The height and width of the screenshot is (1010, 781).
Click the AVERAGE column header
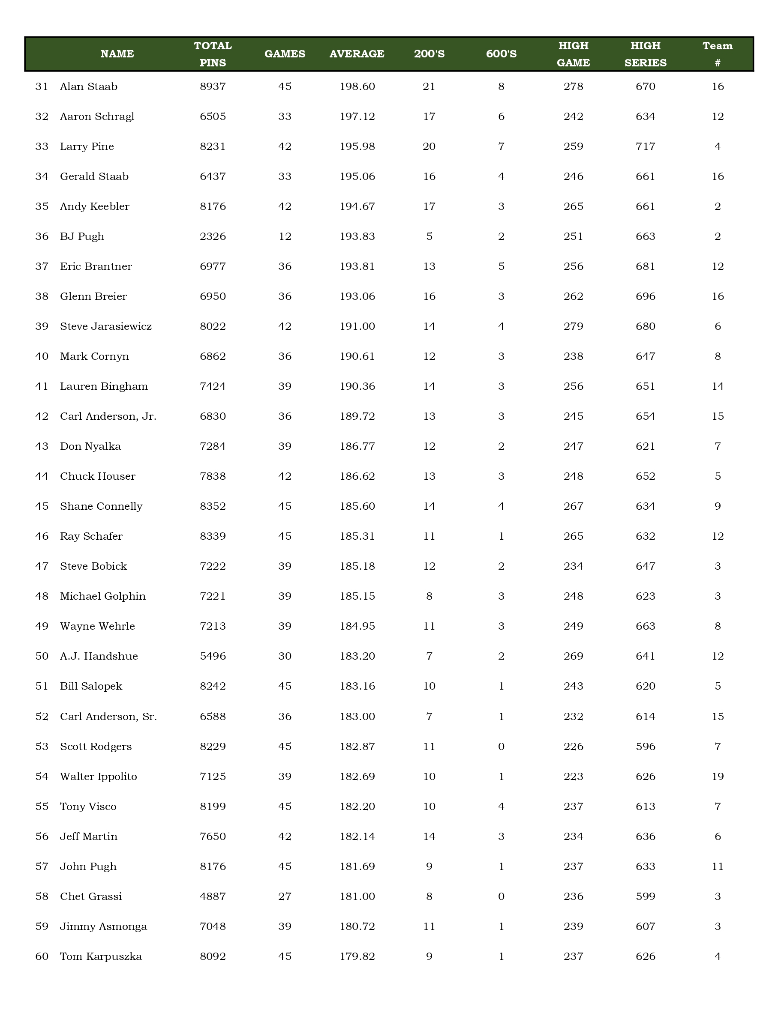point(357,54)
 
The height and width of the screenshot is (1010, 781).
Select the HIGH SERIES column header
point(645,54)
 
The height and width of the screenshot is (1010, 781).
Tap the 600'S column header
point(501,54)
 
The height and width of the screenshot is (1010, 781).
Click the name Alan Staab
point(89,87)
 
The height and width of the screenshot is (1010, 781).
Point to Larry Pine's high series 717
point(645,146)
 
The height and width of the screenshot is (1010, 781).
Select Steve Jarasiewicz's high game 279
point(573,326)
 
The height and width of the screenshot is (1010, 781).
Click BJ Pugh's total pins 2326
point(213,237)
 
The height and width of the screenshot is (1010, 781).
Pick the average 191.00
point(357,326)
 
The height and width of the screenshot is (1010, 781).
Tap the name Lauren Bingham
point(104,387)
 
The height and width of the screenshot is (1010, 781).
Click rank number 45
point(42,506)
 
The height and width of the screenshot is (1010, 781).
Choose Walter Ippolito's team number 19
point(717,777)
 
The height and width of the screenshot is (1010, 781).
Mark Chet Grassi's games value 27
point(285,896)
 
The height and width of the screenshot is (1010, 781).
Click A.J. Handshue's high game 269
point(573,656)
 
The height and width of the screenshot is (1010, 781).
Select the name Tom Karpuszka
point(101,956)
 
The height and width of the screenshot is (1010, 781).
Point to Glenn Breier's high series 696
point(645,296)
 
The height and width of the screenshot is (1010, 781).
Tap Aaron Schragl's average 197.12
point(357,117)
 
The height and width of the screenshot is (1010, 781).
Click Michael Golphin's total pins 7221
point(213,597)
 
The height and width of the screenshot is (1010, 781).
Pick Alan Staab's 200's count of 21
point(429,87)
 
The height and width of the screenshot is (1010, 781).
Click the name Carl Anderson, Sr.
point(108,717)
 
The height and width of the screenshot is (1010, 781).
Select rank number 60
point(42,956)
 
